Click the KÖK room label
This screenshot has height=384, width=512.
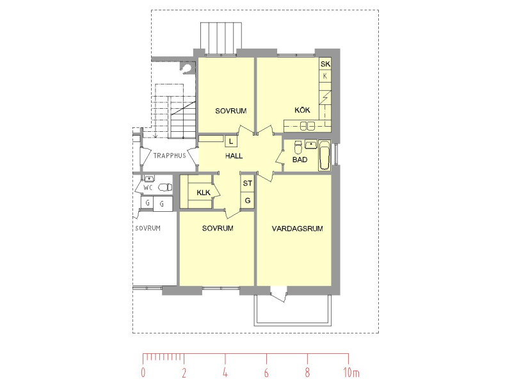click(302, 110)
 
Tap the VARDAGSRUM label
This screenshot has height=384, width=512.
click(297, 228)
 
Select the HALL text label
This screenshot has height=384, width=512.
click(234, 156)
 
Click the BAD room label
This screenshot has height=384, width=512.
click(300, 159)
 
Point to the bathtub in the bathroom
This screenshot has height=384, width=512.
click(324, 155)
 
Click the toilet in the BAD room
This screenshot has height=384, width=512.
click(298, 147)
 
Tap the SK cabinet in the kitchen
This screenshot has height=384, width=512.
click(325, 63)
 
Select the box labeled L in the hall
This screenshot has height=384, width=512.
click(231, 141)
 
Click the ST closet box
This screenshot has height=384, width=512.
click(248, 183)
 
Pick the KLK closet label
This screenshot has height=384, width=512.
click(204, 193)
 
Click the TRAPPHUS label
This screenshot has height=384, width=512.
click(170, 156)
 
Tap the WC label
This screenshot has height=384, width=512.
click(148, 188)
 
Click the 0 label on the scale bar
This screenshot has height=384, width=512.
click(143, 372)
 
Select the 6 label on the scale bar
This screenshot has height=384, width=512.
click(266, 372)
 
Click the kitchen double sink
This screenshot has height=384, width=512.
click(307, 125)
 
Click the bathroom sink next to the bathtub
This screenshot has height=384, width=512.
click(311, 144)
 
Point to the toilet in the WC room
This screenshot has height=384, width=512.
click(165, 188)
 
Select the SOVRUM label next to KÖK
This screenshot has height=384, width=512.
click(230, 111)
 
